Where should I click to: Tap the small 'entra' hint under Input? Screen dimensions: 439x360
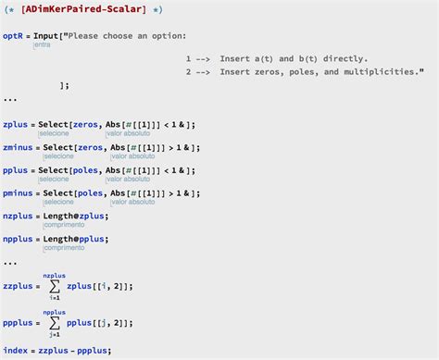tap(42, 44)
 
